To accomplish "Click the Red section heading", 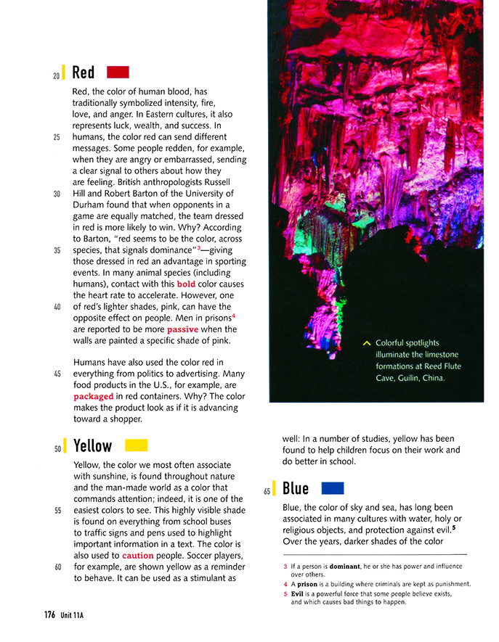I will click(x=84, y=73).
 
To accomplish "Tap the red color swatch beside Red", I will click(x=118, y=72).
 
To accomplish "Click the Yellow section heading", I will click(x=93, y=445).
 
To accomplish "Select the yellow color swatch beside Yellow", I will click(x=136, y=445).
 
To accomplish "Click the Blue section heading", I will click(x=296, y=489).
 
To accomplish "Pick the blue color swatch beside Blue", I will click(x=332, y=488).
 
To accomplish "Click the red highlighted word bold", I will click(x=186, y=284).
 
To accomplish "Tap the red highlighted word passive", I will click(x=182, y=329).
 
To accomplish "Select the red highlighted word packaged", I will click(x=93, y=397).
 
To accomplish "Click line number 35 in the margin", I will click(x=57, y=250).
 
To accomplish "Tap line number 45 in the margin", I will click(x=57, y=374).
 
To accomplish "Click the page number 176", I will click(x=49, y=614).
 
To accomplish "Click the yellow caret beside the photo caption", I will click(x=366, y=342).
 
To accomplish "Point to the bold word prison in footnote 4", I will click(x=309, y=584).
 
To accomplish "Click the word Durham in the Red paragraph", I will click(x=89, y=205).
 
